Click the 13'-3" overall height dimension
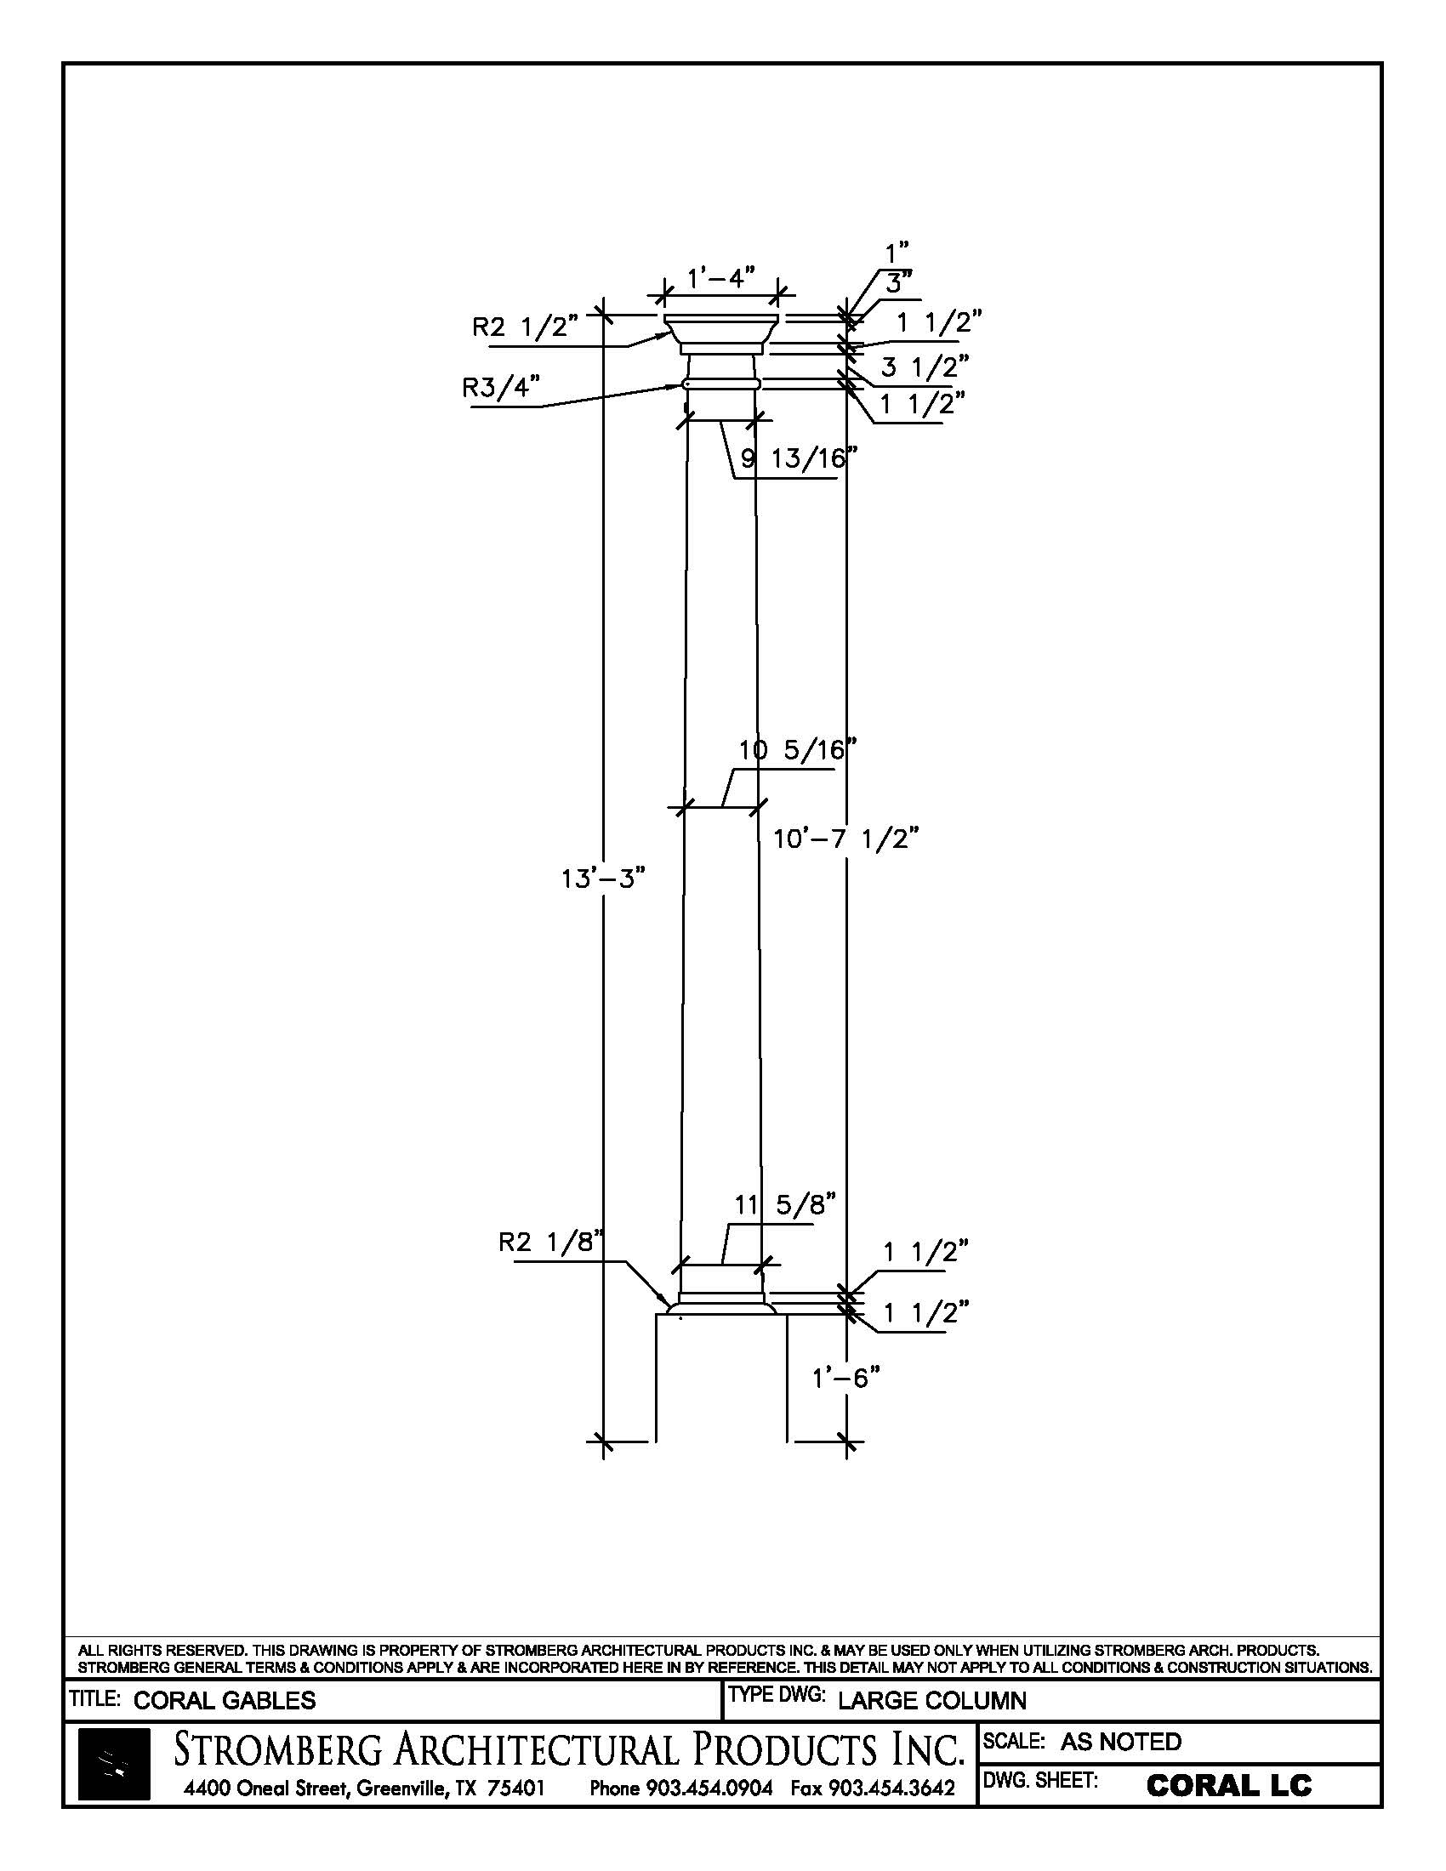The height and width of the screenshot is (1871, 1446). (602, 879)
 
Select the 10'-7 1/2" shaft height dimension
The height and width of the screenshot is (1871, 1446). (845, 838)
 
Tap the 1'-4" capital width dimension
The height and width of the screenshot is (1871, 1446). (721, 277)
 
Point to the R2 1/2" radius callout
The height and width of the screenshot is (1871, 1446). (525, 327)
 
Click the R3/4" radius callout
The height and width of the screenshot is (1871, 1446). (501, 388)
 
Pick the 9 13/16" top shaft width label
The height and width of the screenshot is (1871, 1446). (799, 459)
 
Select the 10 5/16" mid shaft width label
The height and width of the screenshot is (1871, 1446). (798, 750)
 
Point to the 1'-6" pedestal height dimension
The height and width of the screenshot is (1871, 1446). (845, 1378)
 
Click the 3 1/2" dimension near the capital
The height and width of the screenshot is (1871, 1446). (925, 367)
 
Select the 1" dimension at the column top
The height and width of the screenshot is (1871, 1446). (896, 253)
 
